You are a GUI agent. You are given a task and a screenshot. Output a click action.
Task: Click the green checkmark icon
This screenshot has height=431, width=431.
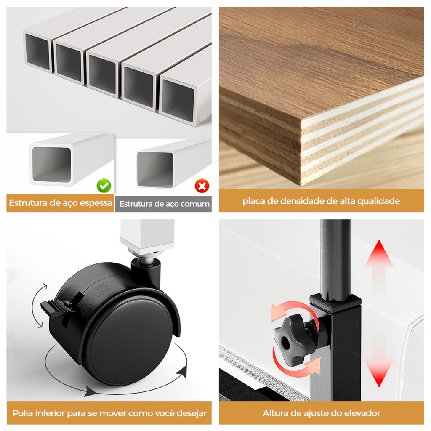coord(104,185)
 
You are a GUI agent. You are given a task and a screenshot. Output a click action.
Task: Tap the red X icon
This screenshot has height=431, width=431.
coord(202,186)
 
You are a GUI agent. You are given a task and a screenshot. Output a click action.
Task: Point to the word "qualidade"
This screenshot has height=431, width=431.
coord(378,201)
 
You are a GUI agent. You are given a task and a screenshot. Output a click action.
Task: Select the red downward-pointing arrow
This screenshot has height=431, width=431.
coord(379,370)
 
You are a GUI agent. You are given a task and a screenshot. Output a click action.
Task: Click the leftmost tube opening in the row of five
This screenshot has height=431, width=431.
coord(38,51)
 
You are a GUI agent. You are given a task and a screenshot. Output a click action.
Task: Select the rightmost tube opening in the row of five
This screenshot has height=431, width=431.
coord(177,97)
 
